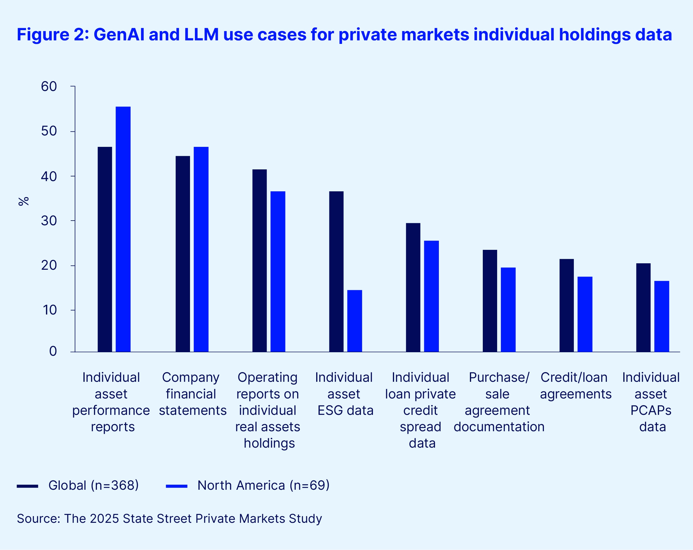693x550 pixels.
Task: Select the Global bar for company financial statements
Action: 183,254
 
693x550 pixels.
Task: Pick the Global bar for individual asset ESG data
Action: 336,271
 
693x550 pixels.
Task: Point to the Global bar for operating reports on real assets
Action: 259,260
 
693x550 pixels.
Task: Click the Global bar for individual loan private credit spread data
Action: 413,287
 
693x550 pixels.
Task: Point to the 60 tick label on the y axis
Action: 49,86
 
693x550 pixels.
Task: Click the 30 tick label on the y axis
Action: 49,221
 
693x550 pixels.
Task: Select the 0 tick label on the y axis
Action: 53,351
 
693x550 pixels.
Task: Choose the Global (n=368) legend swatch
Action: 27,486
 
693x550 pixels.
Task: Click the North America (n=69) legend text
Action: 263,485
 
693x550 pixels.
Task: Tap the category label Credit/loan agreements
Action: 575,386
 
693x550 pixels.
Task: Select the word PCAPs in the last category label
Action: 651,410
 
